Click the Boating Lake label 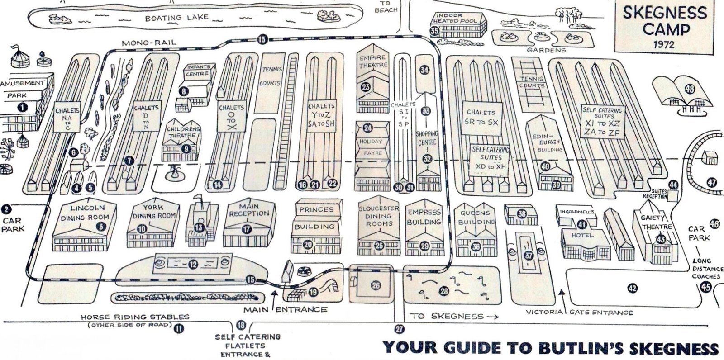point(176,18)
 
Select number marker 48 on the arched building point(689,89)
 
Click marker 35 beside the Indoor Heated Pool point(435,30)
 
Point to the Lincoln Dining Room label point(87,213)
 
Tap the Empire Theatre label point(373,61)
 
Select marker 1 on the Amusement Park point(21,107)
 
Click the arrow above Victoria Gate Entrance point(562,296)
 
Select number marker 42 point(632,287)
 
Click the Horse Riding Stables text point(134,317)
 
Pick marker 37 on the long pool point(529,255)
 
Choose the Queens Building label point(475,217)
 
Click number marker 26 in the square point(375,285)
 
